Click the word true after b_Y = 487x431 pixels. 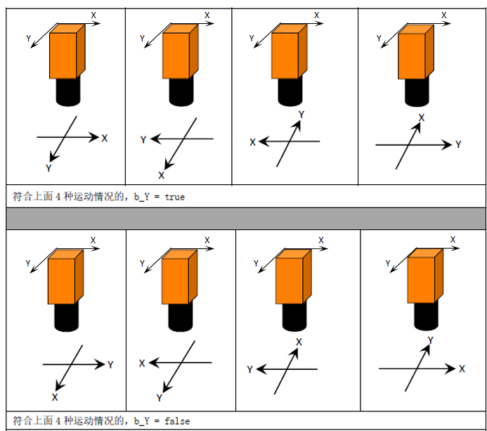[x=174, y=197]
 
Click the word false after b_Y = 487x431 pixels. [x=177, y=421]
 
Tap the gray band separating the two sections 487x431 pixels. [x=246, y=219]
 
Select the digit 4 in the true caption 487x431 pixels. [x=58, y=197]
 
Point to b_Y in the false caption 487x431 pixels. [x=142, y=421]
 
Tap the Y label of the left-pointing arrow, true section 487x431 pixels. [x=143, y=139]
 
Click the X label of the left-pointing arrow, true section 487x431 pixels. [x=252, y=142]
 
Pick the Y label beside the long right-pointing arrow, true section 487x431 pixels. [x=458, y=144]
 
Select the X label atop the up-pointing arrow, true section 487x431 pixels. [x=422, y=118]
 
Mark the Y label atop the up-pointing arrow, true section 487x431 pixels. [x=301, y=115]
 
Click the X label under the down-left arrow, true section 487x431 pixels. [x=161, y=176]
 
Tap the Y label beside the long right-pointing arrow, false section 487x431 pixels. [x=110, y=364]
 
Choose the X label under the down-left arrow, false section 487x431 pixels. [x=55, y=397]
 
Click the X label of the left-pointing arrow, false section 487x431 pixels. [x=142, y=364]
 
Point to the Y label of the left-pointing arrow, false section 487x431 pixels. [x=249, y=369]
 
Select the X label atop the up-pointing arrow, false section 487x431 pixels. [x=299, y=342]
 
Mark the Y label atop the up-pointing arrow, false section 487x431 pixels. [x=430, y=340]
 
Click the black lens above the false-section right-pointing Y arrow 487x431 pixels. [x=67, y=317]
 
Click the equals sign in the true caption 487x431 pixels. [x=157, y=198]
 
